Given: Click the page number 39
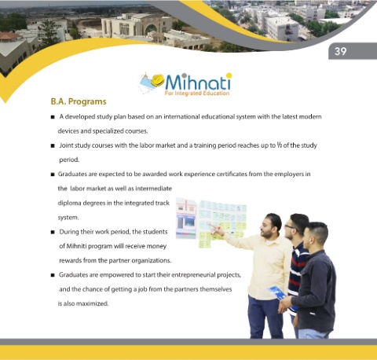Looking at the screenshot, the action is pos(340,51).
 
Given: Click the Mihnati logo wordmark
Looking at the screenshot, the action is pos(198,82).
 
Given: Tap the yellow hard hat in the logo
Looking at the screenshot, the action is pos(157,80).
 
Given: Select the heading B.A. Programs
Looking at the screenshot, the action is pos(79,101).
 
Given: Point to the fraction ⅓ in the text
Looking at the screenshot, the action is pos(280,145).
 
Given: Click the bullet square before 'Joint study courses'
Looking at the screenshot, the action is pos(53,145).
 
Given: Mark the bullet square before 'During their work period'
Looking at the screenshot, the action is pos(53,232).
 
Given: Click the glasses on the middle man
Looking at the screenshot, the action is pos(290,227).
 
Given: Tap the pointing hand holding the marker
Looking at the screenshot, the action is pos(218,231).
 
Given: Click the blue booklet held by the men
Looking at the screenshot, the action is pos(278,294).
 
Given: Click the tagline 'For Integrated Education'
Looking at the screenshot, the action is pos(197,94).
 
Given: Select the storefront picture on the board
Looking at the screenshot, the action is pos(186,218).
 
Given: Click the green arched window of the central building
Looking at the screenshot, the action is pos(152,28).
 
